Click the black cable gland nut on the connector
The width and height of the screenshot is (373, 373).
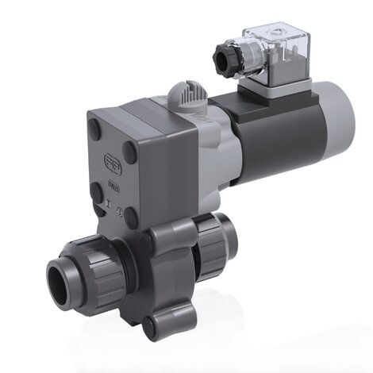pos(227,55)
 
